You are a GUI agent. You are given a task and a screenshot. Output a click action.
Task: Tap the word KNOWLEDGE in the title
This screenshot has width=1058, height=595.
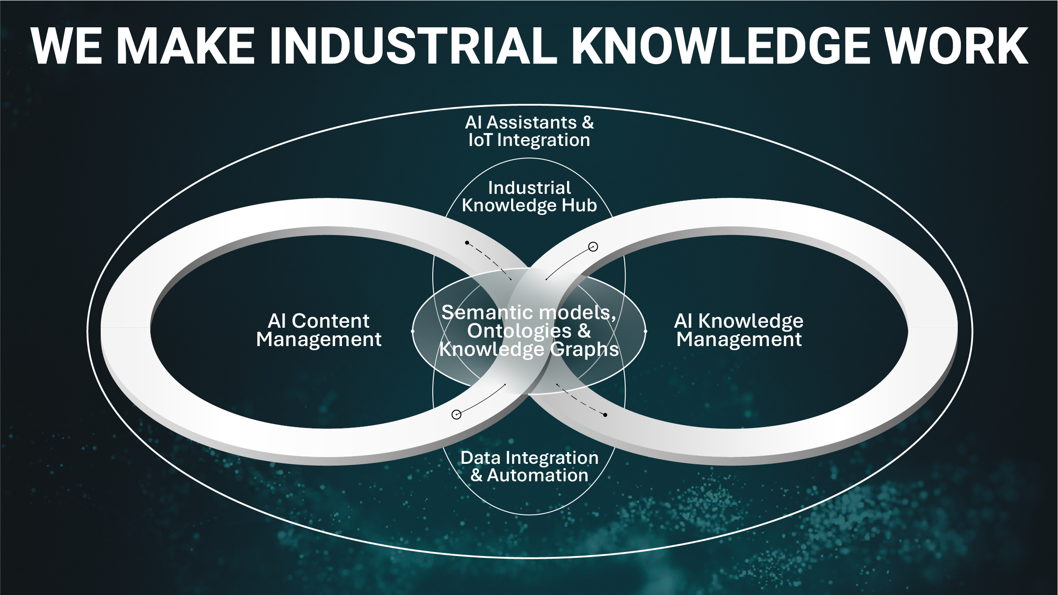(x=721, y=46)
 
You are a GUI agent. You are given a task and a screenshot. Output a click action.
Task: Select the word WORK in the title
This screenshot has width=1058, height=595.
(x=957, y=46)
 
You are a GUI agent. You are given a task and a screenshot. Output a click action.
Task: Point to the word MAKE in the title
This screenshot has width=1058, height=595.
(x=188, y=46)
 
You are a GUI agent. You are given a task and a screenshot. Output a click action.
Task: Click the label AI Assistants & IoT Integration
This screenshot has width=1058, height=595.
(x=529, y=131)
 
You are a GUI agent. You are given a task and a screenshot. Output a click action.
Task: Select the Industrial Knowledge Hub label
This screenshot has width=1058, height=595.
(x=529, y=197)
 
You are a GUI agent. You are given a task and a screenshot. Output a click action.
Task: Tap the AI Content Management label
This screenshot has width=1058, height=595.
(x=319, y=330)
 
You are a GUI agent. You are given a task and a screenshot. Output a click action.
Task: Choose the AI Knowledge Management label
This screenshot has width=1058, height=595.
(x=739, y=330)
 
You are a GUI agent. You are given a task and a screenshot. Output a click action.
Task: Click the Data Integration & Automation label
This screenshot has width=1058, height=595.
(x=529, y=467)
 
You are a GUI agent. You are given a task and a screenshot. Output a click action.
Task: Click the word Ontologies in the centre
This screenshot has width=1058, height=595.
(x=519, y=331)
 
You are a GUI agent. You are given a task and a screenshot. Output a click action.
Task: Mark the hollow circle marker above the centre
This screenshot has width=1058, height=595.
(x=593, y=247)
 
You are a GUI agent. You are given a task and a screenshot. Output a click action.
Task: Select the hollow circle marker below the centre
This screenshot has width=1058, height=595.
(x=456, y=415)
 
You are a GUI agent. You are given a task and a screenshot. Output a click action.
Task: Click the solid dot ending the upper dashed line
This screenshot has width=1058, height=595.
(x=467, y=243)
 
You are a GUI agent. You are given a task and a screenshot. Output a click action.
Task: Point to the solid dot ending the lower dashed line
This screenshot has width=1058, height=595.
(x=605, y=415)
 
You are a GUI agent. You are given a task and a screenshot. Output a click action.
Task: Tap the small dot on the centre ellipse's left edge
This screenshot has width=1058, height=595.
(x=413, y=331)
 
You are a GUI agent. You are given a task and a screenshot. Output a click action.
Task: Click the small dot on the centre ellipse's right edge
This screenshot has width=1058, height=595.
(x=645, y=331)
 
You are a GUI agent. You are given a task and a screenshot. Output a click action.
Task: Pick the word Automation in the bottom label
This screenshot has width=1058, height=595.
(x=538, y=475)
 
